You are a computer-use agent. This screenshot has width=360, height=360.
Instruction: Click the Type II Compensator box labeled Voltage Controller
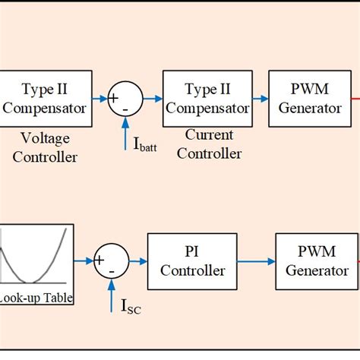pyautogui.click(x=46, y=98)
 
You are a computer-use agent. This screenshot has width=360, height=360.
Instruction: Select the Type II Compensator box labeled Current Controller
pyautogui.click(x=207, y=98)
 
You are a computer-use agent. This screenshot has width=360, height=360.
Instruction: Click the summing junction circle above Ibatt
pyautogui.click(x=126, y=98)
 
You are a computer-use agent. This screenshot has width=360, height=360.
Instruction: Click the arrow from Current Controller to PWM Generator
pyautogui.click(x=260, y=98)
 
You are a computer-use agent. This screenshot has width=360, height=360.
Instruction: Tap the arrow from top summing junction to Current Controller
pyautogui.click(x=153, y=98)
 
